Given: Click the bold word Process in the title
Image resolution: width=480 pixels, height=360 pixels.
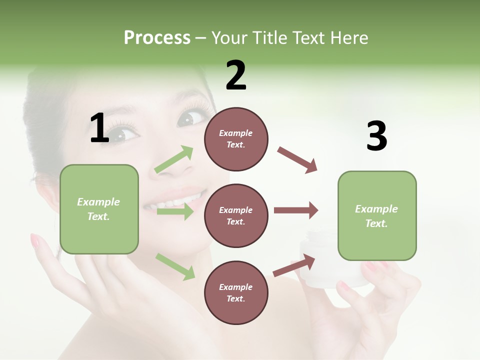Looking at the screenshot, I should (157, 37).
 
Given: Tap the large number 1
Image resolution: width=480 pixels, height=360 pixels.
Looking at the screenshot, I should (99, 128).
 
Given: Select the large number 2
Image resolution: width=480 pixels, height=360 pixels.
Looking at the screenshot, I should (236, 75).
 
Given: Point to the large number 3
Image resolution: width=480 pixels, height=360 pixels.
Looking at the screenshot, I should (376, 136).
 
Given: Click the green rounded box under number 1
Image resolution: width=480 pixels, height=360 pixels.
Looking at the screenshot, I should (99, 209).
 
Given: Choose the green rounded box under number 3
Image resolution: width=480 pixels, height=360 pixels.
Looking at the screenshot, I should (377, 215).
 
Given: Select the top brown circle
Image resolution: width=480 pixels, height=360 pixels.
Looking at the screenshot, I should (236, 139).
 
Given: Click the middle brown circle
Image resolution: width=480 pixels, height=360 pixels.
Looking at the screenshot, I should (236, 215).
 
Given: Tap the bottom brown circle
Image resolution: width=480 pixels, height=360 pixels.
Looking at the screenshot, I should (236, 292).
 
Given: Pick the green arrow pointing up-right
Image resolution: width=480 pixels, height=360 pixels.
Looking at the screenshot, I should (174, 159).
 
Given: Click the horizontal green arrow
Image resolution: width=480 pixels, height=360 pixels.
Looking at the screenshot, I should (174, 212).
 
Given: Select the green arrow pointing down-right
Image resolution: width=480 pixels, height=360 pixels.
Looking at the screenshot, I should (175, 266).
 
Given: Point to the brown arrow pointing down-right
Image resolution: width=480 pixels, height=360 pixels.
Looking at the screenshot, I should (297, 160).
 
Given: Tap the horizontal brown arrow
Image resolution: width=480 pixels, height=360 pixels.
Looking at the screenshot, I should (296, 210).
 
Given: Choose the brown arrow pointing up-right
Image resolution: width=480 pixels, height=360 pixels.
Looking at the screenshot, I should (294, 265).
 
